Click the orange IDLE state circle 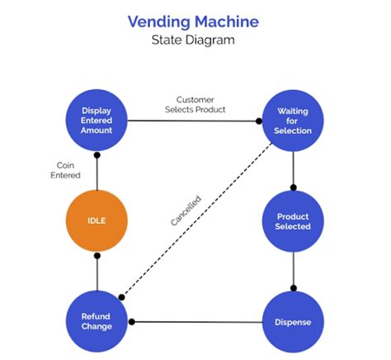point(97,221)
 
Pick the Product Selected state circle point(294,221)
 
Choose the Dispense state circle point(294,321)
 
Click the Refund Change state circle point(97,321)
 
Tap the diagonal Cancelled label point(186,211)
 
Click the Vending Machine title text point(195,21)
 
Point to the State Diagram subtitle point(195,40)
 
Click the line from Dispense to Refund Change point(198,321)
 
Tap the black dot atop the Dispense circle point(294,288)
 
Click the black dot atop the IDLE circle point(97,256)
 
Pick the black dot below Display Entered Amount point(97,155)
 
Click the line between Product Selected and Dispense point(294,268)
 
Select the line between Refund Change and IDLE point(97,272)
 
